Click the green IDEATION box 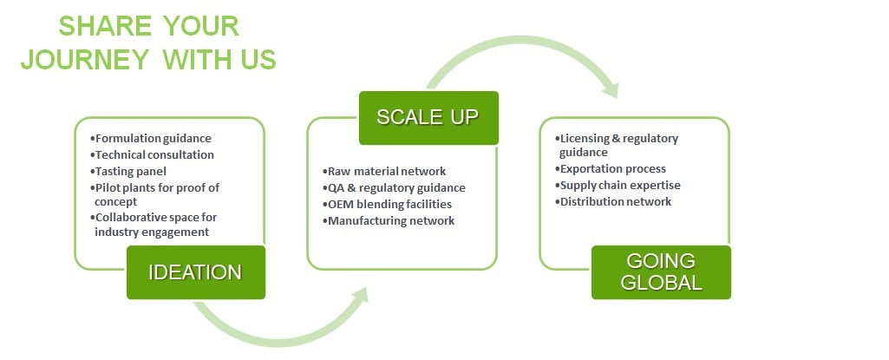[x=196, y=272]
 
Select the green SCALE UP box [x=428, y=118]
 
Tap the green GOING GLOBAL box [x=661, y=272]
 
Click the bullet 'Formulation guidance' [x=151, y=138]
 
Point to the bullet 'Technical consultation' [x=152, y=154]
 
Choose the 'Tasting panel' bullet [x=128, y=171]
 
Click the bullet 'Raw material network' [x=384, y=171]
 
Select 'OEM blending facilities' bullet [x=387, y=204]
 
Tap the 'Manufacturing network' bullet [x=389, y=220]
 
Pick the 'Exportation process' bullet [x=611, y=169]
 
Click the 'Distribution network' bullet [x=613, y=202]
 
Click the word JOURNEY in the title [x=84, y=60]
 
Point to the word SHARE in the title [x=105, y=26]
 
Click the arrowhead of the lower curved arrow [x=358, y=297]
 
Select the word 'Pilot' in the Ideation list [x=108, y=187]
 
